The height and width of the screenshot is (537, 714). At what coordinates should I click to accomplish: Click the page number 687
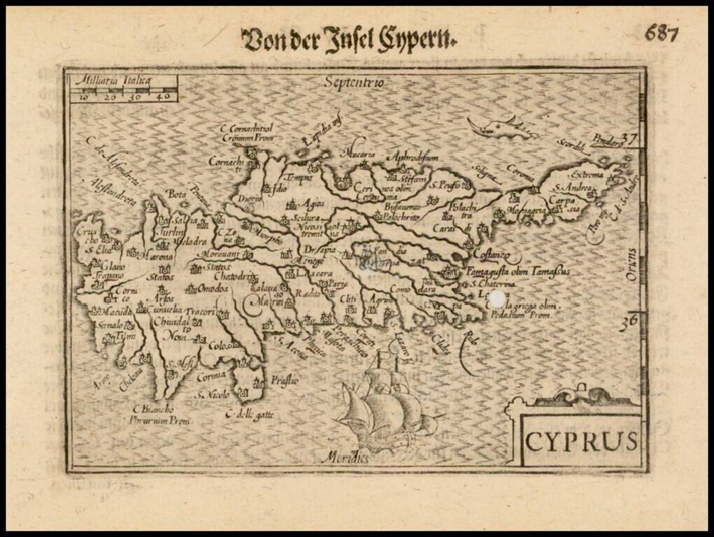(x=662, y=33)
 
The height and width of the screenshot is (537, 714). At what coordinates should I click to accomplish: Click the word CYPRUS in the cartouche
(x=582, y=441)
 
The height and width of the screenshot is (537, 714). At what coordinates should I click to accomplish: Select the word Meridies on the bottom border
(x=345, y=459)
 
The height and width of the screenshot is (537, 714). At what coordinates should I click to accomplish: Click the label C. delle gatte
(x=249, y=415)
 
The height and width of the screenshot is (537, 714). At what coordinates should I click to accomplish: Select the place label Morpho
(x=269, y=238)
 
